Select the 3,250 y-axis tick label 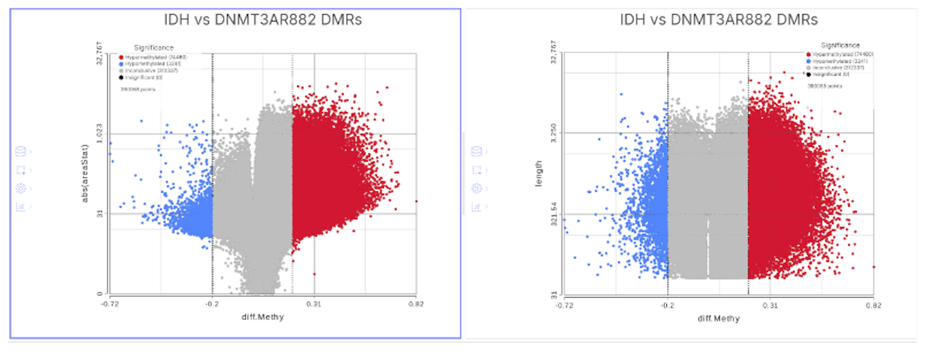[554, 133]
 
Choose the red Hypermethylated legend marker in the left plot [121, 57]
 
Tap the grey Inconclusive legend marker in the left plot [121, 70]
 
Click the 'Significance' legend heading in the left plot [152, 47]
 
